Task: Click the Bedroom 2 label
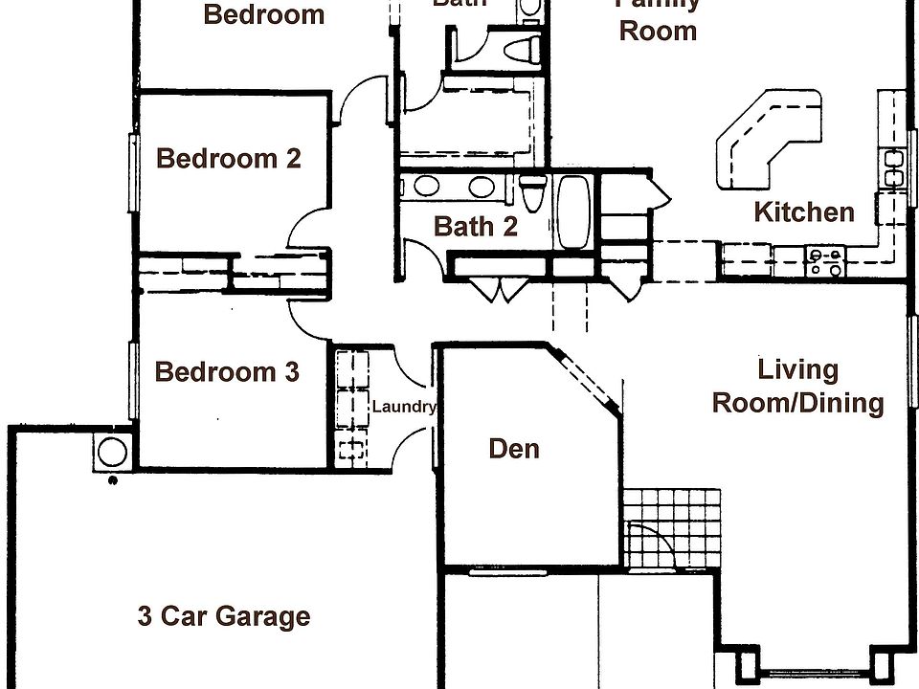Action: [x=228, y=158]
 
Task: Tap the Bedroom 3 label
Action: [x=227, y=371]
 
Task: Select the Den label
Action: [x=514, y=448]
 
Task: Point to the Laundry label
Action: [x=403, y=407]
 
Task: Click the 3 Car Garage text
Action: [x=224, y=616]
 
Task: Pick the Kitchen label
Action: [x=804, y=211]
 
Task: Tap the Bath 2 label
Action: [x=476, y=226]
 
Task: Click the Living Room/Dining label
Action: [x=797, y=386]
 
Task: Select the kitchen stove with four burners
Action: [x=825, y=261]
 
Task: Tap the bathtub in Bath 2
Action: [x=574, y=211]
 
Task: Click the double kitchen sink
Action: [x=895, y=168]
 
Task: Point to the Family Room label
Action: [x=658, y=19]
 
